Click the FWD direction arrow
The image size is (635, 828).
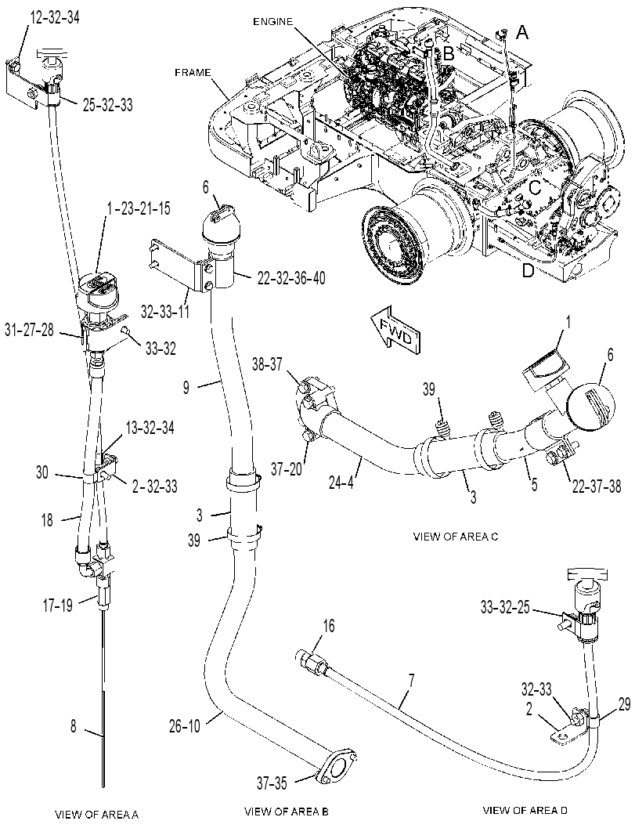395,327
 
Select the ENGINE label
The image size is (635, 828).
273,22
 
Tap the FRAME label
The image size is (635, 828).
193,72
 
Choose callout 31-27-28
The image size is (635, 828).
29,331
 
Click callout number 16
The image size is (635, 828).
329,626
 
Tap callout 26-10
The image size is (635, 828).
184,726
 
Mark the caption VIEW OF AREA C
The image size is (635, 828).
456,537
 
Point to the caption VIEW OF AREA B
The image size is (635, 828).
287,811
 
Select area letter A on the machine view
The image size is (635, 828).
521,33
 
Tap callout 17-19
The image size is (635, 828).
57,606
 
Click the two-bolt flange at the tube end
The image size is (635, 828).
336,757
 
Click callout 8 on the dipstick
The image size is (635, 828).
74,726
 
